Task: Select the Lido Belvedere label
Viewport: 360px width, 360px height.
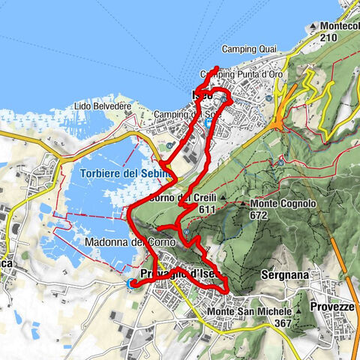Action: click(x=103, y=107)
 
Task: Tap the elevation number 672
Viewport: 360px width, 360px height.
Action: click(x=259, y=215)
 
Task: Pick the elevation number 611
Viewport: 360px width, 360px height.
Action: click(x=208, y=210)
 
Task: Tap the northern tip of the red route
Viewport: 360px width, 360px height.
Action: click(x=217, y=68)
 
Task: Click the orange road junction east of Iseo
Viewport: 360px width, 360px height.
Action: click(x=279, y=119)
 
